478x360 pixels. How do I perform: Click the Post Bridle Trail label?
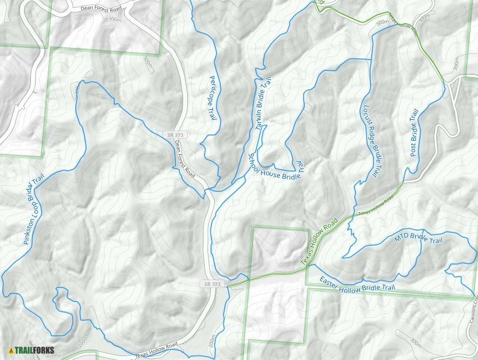coord(414,133)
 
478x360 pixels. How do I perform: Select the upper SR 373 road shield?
coord(175,135)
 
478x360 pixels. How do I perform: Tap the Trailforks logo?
coord(31,350)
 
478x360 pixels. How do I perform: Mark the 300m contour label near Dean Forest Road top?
coord(114,19)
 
